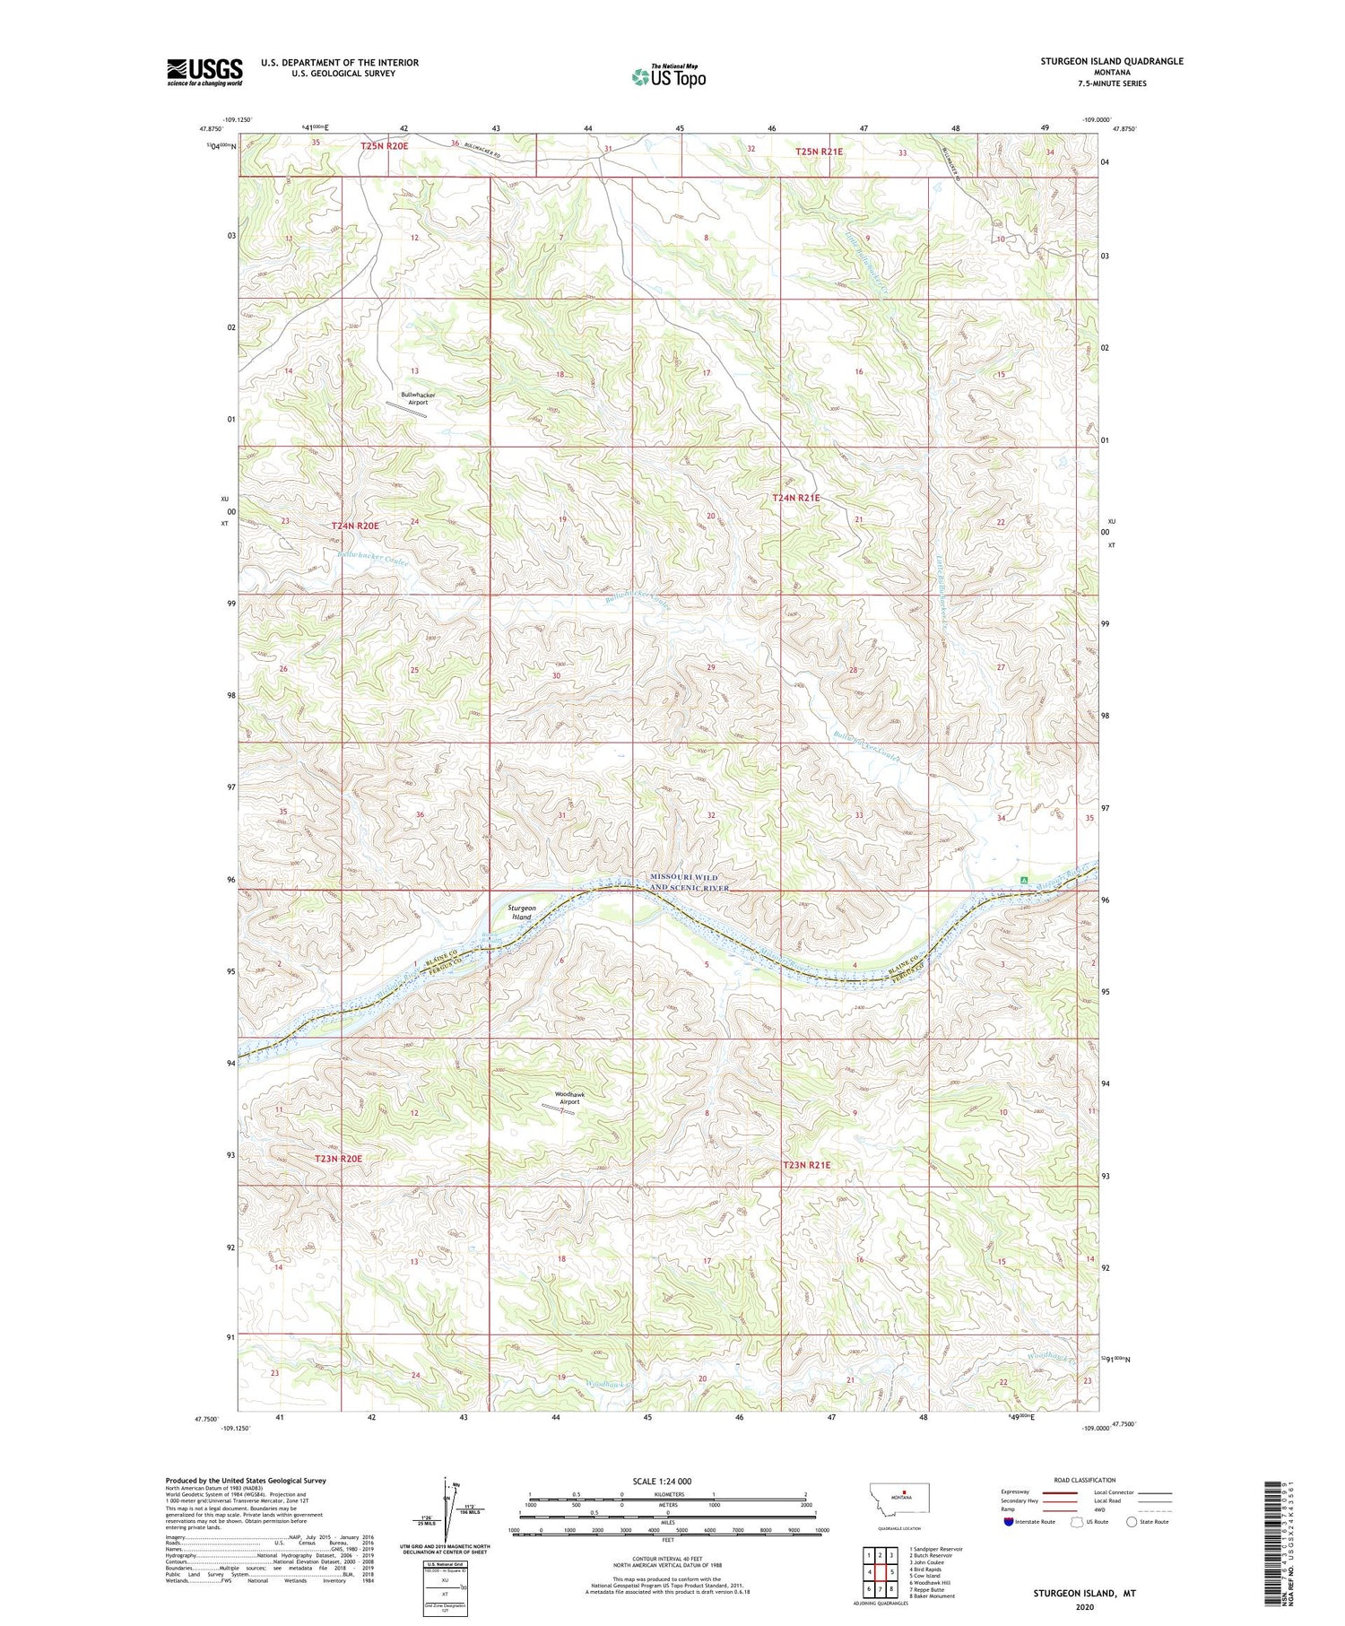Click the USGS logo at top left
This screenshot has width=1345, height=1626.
click(x=204, y=72)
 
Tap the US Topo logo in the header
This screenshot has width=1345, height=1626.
click(x=668, y=76)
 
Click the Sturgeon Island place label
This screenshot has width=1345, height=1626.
click(x=522, y=912)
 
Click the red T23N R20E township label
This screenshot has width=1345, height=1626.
click(x=338, y=1159)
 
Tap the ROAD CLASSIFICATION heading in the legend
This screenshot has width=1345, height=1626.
click(x=1084, y=1480)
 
